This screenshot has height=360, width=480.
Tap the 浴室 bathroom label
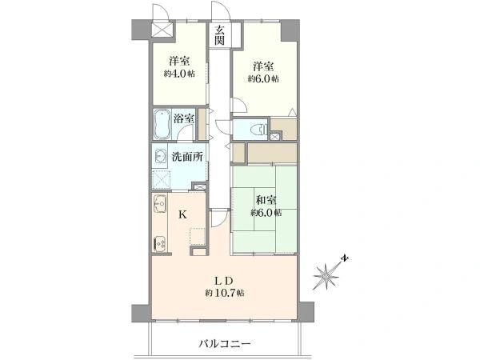point(184,119)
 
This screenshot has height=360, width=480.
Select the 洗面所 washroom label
point(186,157)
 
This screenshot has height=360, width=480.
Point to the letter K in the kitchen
point(182,215)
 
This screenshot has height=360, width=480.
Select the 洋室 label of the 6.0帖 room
point(262,66)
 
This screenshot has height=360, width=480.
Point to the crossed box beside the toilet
point(276,138)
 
